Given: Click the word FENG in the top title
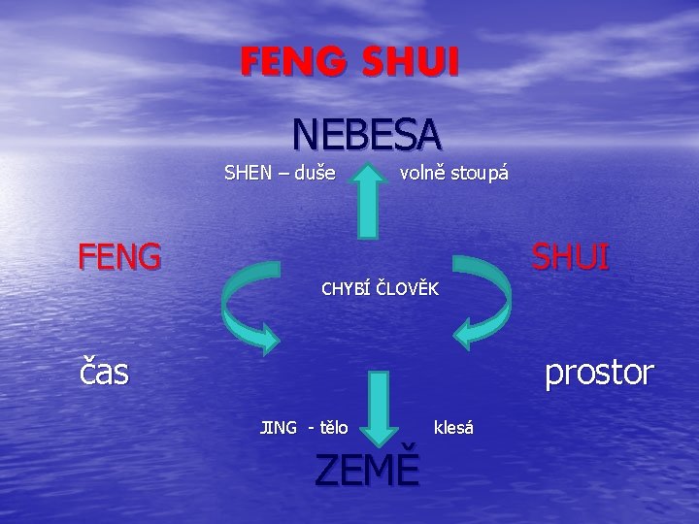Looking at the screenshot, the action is pos(295,63).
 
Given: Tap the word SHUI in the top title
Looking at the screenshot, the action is pos(409,63).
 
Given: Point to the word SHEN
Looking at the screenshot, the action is pos(249,175).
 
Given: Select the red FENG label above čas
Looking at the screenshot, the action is pos(119,257).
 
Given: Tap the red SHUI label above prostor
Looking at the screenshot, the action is pos(570,257).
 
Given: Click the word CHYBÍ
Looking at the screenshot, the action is pos(346,289).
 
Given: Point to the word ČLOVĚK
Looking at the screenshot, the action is pos(408,289).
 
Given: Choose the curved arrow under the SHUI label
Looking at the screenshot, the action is pos(483,302).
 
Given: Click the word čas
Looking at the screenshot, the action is pos(104,371).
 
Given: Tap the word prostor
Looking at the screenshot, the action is pos(599,371).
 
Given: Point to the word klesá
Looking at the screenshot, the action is pos(453,427).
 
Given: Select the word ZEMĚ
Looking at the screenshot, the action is pos(368,471).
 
